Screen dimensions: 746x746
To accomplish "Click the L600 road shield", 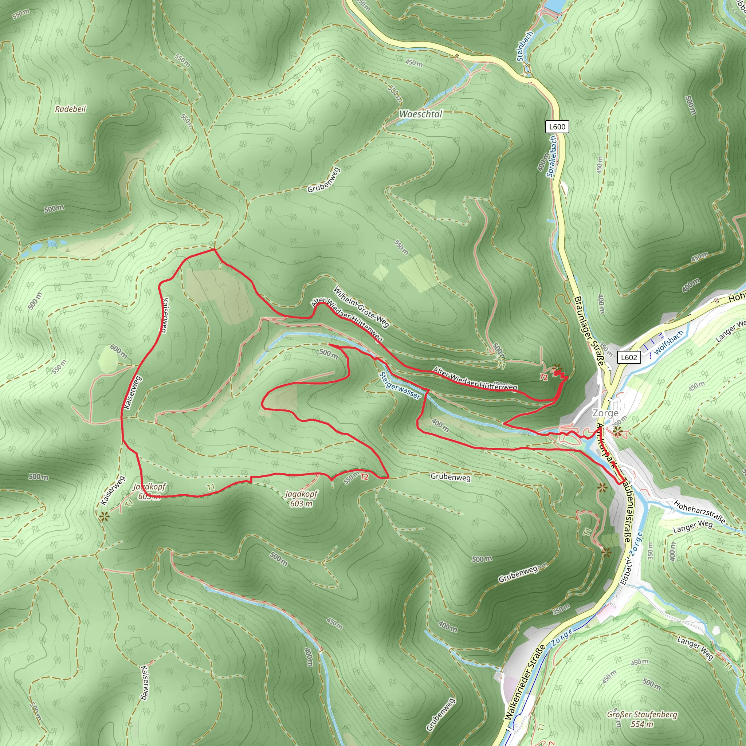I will (557, 127).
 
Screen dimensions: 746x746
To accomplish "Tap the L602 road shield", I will (629, 357).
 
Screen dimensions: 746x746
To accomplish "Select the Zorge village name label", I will (605, 413).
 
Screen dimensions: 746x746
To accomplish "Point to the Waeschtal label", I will (420, 114).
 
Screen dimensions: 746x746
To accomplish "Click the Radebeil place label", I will (70, 109).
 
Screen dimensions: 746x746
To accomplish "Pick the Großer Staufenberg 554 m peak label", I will (642, 719).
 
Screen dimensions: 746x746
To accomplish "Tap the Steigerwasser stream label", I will (400, 385).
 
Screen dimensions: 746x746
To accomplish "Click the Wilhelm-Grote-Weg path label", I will (361, 307).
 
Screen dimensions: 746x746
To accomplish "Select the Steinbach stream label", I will (525, 46).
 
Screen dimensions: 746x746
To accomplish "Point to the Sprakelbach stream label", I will (552, 156).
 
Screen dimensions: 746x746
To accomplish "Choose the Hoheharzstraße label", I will (699, 512).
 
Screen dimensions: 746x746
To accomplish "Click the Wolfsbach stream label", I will (669, 342).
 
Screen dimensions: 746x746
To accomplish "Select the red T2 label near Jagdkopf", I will (364, 477).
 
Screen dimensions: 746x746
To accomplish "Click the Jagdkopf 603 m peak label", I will (301, 499).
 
